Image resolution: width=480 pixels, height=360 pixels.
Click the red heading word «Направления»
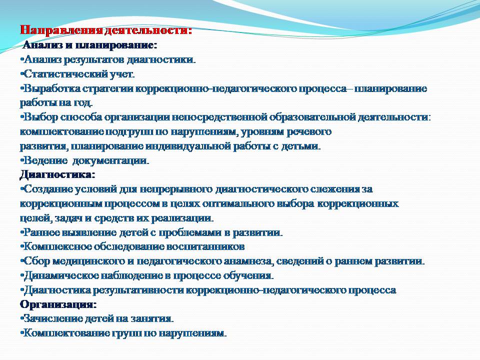61,30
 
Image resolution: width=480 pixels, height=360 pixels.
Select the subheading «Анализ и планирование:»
90,45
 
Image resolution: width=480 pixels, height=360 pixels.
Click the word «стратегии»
108,89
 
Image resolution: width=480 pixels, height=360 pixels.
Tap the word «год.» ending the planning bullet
83,103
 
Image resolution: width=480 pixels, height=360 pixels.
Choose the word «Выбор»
40,117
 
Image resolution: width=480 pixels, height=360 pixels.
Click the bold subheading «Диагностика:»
57,175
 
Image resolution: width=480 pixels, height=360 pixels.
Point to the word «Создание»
48,189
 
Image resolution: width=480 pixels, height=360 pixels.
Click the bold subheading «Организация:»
58,304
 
